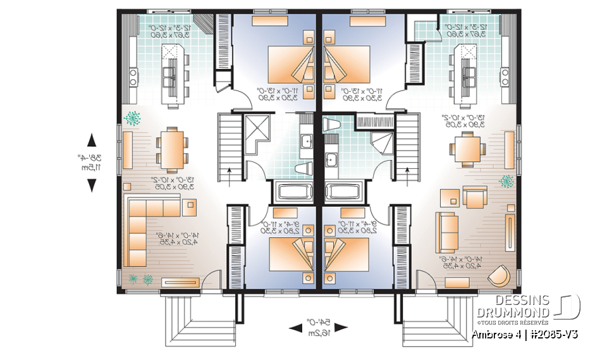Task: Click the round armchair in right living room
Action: pos(501,276)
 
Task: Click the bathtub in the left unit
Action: pos(291,191)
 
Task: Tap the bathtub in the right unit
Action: pos(346,191)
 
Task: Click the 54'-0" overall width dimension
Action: pos(319,327)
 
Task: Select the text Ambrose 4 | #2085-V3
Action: pos(524,333)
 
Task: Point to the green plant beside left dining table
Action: pos(133,118)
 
